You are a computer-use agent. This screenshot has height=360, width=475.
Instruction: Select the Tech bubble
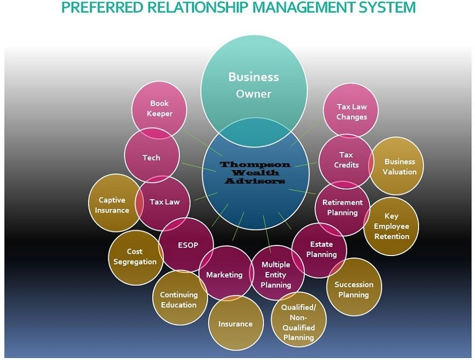[151, 157]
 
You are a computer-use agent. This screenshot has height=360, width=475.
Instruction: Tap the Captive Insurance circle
[112, 205]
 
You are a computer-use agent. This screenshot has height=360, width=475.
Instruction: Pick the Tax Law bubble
[165, 202]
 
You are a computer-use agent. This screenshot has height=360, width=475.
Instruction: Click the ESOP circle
[188, 245]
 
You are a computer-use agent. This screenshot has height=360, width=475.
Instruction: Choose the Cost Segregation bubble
[135, 257]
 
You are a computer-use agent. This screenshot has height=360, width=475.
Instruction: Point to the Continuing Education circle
[178, 299]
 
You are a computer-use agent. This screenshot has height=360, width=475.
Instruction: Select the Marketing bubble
[224, 274]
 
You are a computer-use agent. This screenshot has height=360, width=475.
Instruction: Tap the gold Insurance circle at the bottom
[235, 324]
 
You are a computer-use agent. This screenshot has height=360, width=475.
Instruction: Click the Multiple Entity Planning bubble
[276, 274]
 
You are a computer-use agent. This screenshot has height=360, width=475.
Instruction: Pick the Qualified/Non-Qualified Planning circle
[298, 322]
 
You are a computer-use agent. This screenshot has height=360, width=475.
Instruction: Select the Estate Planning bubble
[321, 249]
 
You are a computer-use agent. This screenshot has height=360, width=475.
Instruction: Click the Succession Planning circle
[354, 289]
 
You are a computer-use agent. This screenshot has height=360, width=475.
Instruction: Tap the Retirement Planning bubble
[343, 207]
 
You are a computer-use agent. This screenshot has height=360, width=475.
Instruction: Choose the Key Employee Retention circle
[391, 226]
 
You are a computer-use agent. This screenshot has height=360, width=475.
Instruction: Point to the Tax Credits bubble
[346, 160]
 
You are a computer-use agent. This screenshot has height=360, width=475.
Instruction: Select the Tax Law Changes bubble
[351, 111]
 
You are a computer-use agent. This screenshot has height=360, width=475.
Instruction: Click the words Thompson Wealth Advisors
[255, 173]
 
